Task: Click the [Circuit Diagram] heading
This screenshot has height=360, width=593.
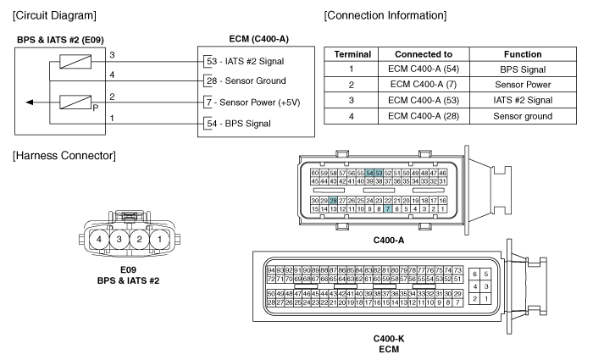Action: tap(54, 15)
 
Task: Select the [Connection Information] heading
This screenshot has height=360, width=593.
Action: tap(385, 15)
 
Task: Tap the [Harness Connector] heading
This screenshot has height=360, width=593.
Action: tap(64, 155)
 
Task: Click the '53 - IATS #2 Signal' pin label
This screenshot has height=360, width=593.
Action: tap(245, 61)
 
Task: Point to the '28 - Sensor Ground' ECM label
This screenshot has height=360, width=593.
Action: tap(247, 80)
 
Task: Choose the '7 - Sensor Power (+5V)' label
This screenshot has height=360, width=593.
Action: tap(253, 102)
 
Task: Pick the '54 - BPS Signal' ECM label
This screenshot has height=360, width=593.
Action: tap(239, 124)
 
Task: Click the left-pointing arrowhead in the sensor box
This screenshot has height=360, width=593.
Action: tap(30, 102)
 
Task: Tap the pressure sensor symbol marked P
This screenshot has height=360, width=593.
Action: tap(75, 102)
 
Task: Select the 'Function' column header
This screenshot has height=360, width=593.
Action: tap(523, 54)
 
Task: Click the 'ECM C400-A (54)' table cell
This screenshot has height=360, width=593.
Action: tap(424, 69)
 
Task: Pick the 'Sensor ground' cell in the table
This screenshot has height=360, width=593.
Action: tap(523, 116)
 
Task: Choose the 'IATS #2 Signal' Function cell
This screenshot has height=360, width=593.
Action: tap(523, 100)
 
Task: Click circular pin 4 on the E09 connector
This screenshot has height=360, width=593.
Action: tap(99, 240)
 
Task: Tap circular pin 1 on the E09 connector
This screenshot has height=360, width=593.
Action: tap(159, 240)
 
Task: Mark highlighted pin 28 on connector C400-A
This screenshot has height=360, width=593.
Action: tap(333, 201)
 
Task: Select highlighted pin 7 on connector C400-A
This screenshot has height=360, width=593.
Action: tap(388, 208)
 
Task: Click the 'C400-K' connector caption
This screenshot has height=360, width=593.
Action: tap(389, 339)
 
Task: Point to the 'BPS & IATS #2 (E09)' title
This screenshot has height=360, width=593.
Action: tap(60, 40)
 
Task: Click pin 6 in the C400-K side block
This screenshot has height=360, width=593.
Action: tap(474, 274)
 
